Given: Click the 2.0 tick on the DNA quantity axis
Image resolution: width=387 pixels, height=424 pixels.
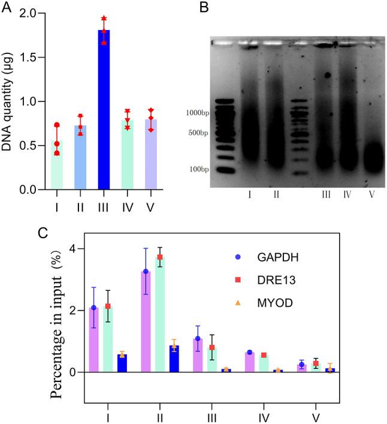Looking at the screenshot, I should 32,13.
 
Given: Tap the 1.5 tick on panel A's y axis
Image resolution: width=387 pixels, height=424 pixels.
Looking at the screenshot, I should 32,58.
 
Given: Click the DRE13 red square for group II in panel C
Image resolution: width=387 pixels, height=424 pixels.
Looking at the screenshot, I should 160,257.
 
